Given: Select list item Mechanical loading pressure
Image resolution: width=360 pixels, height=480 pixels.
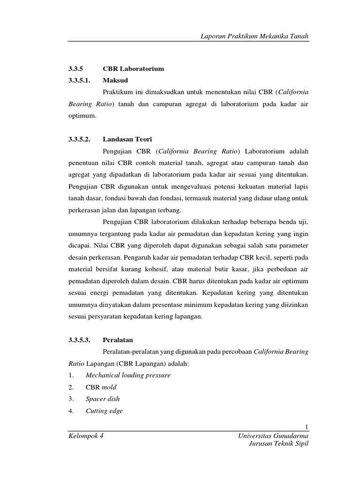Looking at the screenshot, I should (x=128, y=375).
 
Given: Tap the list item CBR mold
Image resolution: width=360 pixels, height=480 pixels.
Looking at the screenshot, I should (x=101, y=387).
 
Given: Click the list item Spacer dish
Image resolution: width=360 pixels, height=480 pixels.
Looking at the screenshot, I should (x=103, y=399).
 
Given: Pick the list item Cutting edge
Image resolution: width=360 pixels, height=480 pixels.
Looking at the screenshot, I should (x=104, y=411).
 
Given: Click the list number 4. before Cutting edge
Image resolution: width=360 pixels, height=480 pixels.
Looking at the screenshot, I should (x=71, y=411).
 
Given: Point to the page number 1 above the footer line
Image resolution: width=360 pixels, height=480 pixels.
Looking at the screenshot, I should (x=306, y=426).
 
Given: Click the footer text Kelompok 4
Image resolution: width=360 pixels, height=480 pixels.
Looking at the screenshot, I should (x=86, y=436).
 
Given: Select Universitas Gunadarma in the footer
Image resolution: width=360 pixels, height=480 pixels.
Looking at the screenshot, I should (x=273, y=436).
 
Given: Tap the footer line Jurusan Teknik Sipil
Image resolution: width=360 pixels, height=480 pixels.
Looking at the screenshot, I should (x=278, y=444).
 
